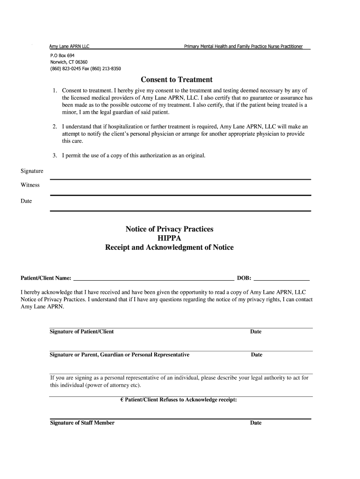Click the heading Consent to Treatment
tap(177, 80)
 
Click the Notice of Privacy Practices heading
tap(169, 229)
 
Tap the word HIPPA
tap(169, 238)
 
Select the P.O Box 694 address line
tap(62, 55)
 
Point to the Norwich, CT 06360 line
tap(69, 62)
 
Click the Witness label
tap(30, 185)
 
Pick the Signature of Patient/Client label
tap(82, 332)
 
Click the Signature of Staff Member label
tap(82, 423)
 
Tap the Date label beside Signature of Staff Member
tap(256, 423)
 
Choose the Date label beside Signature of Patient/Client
tap(256, 332)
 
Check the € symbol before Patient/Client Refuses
tap(122, 400)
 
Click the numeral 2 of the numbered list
tap(55, 127)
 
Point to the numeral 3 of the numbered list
tap(55, 155)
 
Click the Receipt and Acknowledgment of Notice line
tap(169, 247)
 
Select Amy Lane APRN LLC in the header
tap(70, 46)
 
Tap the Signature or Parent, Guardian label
tap(120, 355)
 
